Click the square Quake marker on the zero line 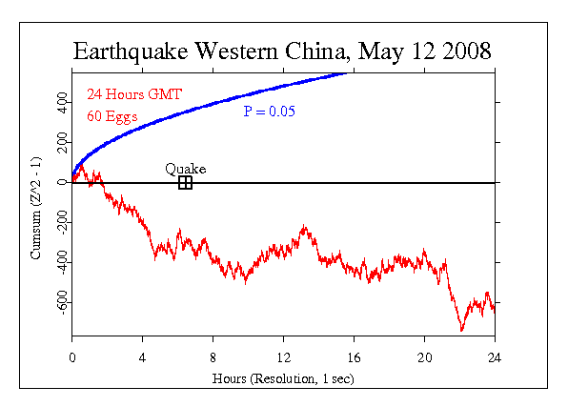click(185, 182)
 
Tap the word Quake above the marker click(185, 169)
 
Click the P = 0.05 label click(269, 112)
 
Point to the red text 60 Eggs click(112, 116)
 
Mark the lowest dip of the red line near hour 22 click(461, 330)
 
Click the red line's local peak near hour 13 click(304, 227)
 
